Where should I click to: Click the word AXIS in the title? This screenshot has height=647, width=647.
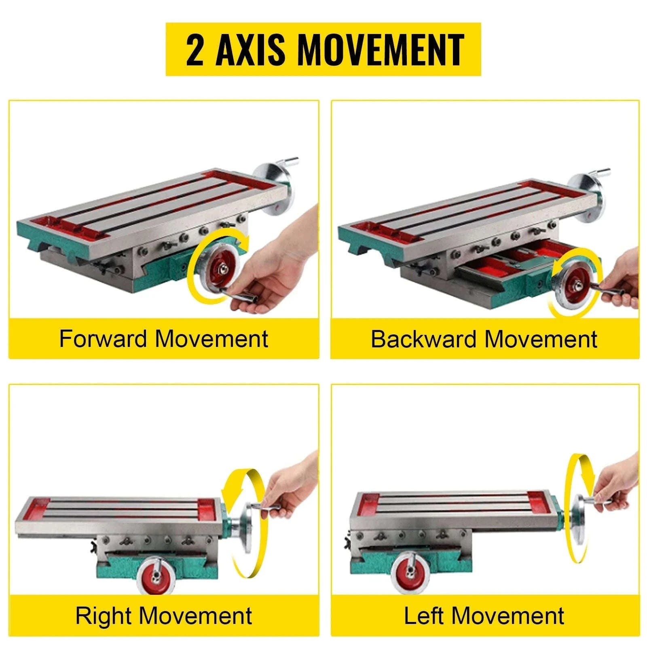(x=250, y=49)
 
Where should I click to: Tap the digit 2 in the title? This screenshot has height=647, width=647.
(x=195, y=49)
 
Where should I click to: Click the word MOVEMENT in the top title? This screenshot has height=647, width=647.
(x=381, y=49)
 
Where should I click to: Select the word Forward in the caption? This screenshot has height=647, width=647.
(x=103, y=338)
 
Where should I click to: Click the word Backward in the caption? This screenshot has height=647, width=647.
(x=423, y=339)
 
